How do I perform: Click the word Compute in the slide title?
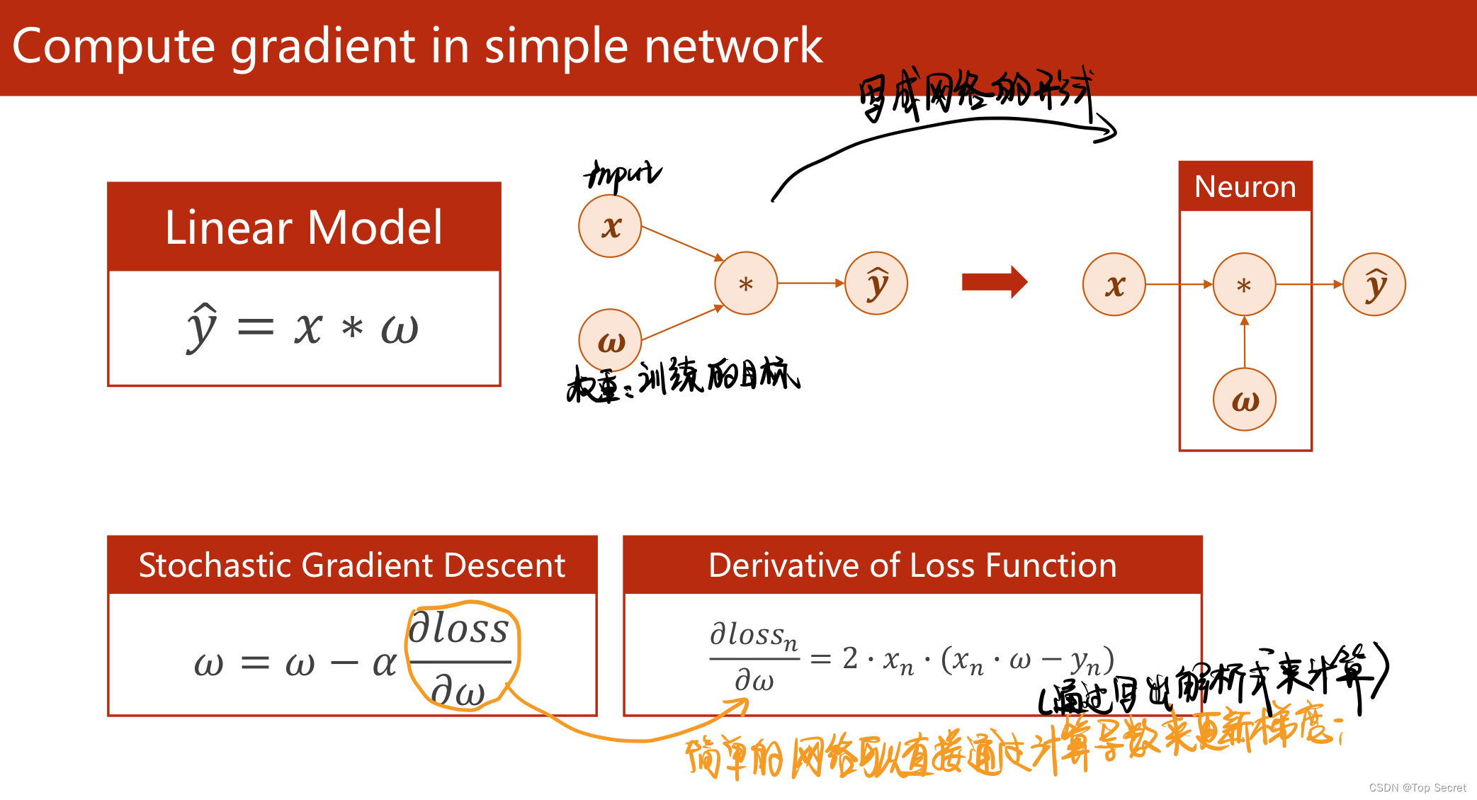[x=113, y=47]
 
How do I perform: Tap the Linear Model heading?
[x=304, y=227]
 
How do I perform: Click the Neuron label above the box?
[x=1245, y=187]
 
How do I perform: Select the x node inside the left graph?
[x=610, y=227]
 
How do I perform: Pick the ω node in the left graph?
[x=610, y=341]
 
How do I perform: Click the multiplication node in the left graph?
[x=746, y=283]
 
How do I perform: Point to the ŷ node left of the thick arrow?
[x=876, y=283]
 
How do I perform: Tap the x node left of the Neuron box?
[x=1114, y=285]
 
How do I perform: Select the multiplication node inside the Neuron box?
[x=1244, y=285]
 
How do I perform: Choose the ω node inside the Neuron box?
[x=1245, y=400]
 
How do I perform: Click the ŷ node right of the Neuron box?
[x=1374, y=285]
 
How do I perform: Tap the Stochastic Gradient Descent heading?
[x=352, y=565]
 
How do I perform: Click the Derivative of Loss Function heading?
[x=912, y=565]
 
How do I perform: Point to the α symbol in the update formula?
[x=385, y=664]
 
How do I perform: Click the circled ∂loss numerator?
[x=459, y=629]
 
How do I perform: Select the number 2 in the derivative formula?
[x=850, y=658]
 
